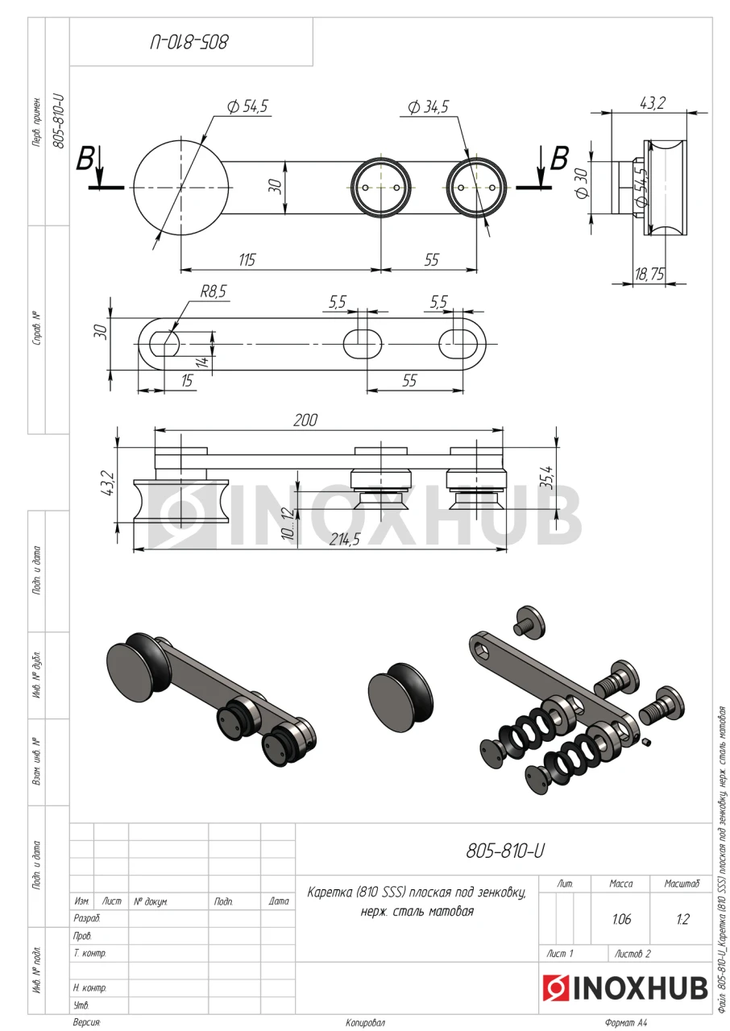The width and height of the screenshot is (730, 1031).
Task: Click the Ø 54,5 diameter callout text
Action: (x=247, y=107)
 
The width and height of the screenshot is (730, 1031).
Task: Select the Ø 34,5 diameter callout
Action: (x=428, y=107)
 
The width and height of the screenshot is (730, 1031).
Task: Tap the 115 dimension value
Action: (x=247, y=260)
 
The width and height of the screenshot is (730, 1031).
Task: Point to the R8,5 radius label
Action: (x=213, y=292)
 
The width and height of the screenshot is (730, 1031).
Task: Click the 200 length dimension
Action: (x=305, y=420)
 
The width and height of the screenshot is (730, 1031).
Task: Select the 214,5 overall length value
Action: (x=344, y=539)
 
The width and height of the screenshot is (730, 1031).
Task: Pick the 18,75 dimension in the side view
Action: (x=649, y=275)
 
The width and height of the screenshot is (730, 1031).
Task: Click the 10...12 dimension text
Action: (x=288, y=524)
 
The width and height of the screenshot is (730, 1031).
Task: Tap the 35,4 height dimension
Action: (x=546, y=478)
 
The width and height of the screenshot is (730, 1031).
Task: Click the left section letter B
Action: (x=85, y=159)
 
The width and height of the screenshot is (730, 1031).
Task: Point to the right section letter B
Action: (x=559, y=159)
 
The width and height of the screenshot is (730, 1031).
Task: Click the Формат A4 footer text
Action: (x=626, y=1023)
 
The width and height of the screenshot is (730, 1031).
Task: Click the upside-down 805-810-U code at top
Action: (x=189, y=43)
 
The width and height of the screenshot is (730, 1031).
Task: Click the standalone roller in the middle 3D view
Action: (x=400, y=698)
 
